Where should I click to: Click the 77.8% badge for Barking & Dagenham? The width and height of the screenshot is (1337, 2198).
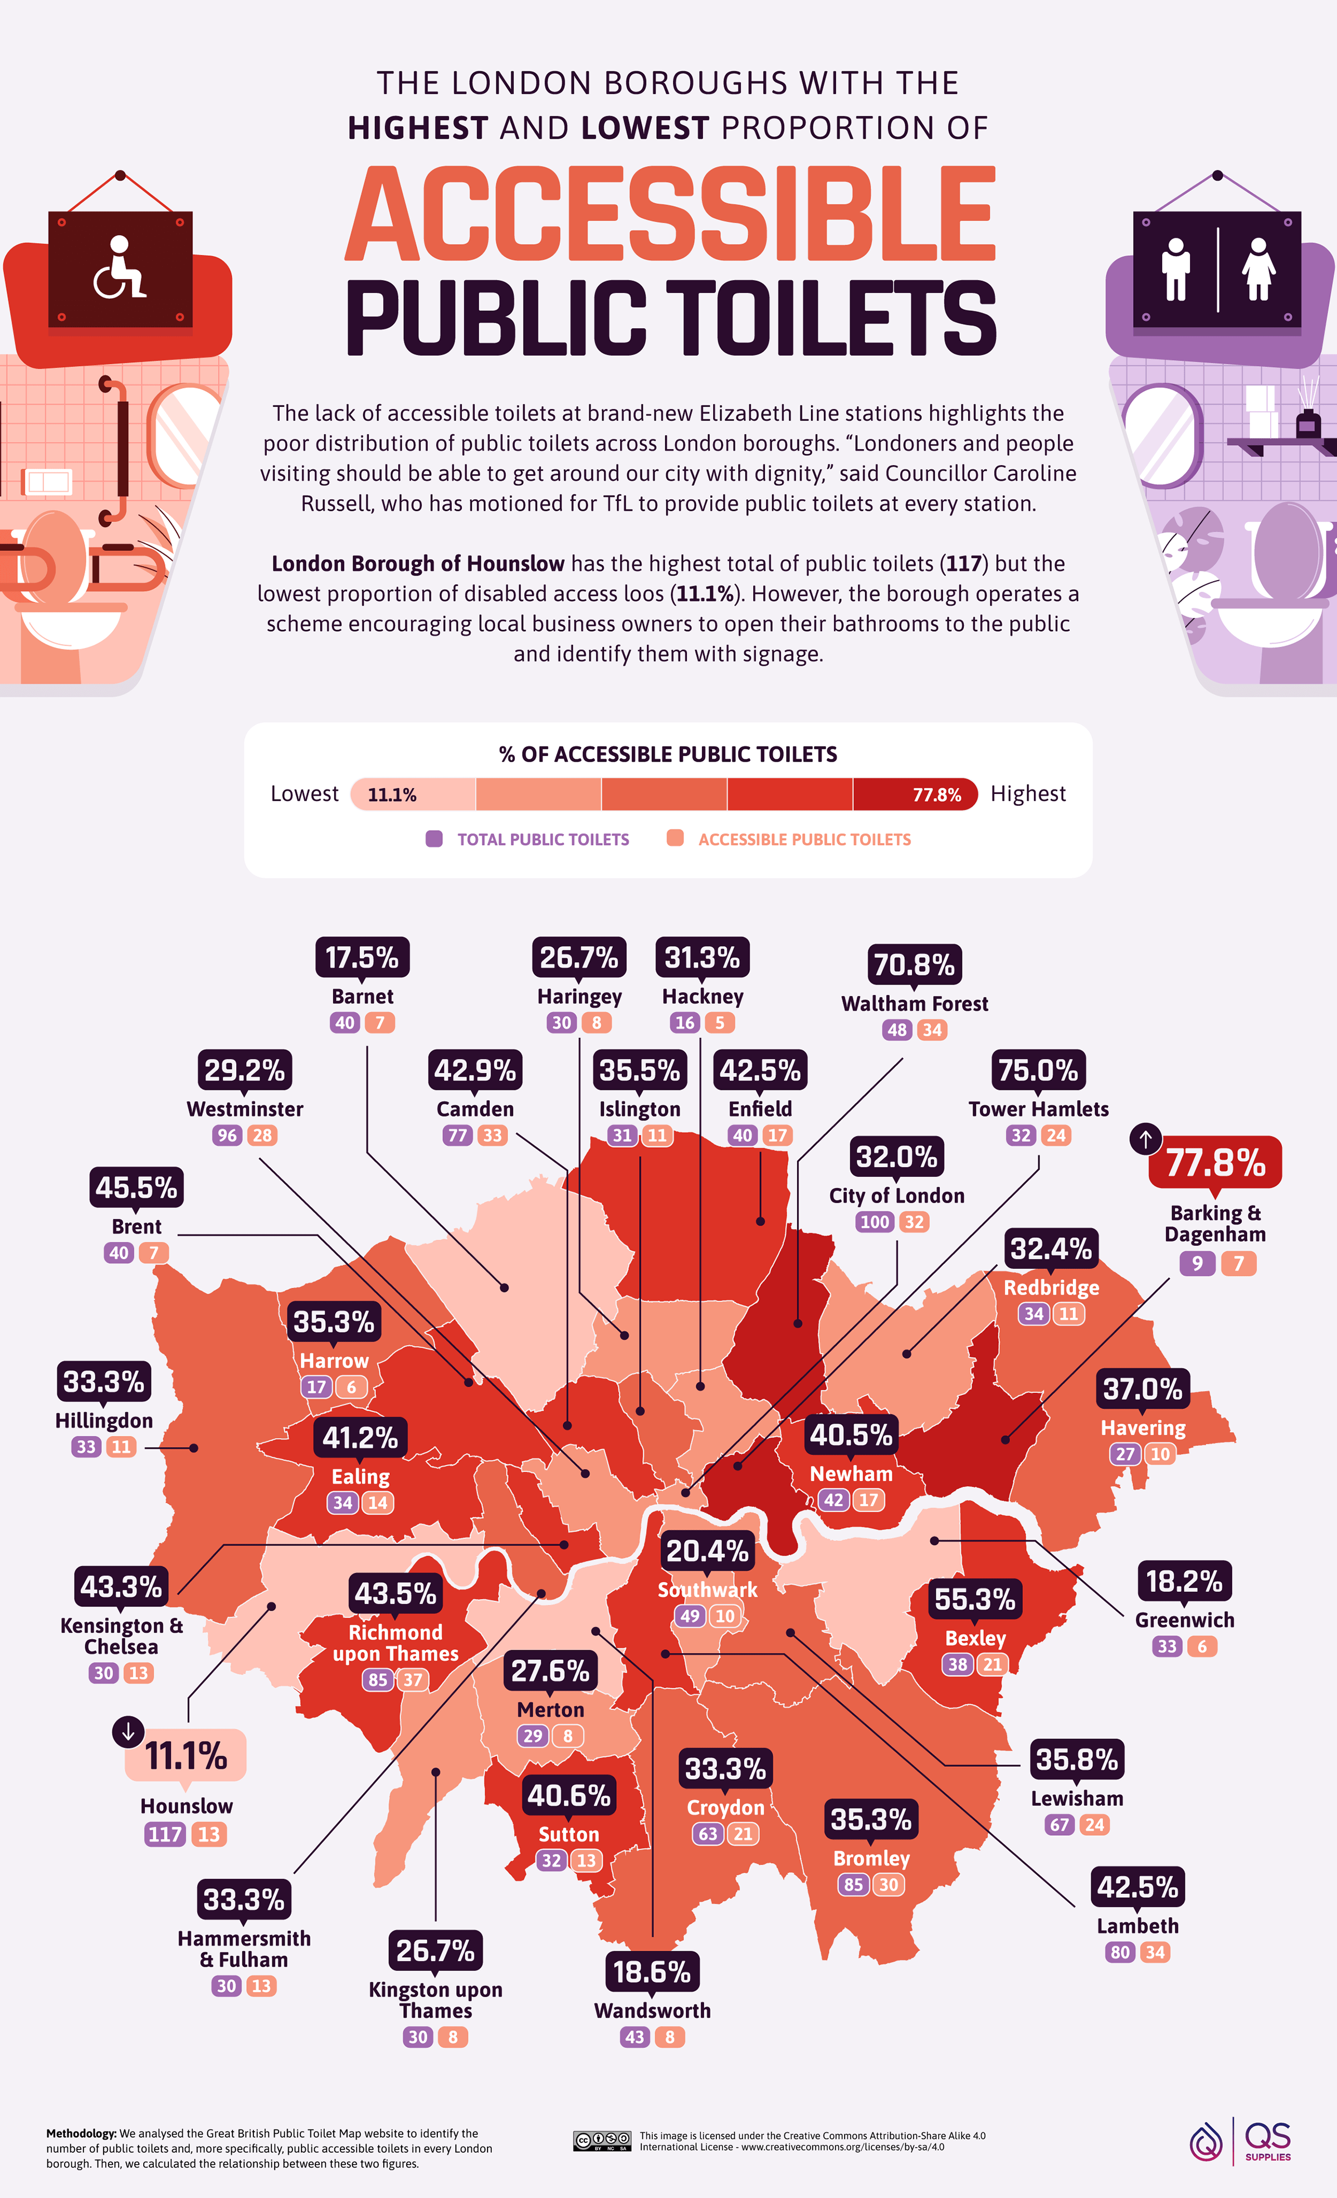tap(1215, 1162)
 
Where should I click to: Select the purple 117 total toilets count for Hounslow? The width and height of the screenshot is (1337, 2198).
tap(165, 1834)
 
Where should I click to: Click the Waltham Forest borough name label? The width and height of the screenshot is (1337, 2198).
tap(914, 1003)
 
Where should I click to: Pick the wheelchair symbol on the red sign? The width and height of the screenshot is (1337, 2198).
tap(120, 267)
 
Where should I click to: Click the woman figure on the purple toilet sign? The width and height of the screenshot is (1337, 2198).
tap(1258, 269)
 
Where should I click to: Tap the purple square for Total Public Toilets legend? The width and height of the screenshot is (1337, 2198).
tap(435, 839)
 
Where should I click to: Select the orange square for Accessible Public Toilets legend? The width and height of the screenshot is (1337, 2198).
tap(675, 839)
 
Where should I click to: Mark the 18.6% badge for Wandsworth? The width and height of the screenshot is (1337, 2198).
tap(652, 1971)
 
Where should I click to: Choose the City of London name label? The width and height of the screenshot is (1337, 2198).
tap(896, 1195)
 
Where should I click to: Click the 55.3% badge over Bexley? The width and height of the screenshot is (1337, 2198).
tap(975, 1598)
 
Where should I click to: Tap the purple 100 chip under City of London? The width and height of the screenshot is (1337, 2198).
tap(875, 1221)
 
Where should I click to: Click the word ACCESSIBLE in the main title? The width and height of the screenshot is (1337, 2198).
tap(670, 215)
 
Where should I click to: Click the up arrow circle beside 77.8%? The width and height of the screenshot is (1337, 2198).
tap(1146, 1138)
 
